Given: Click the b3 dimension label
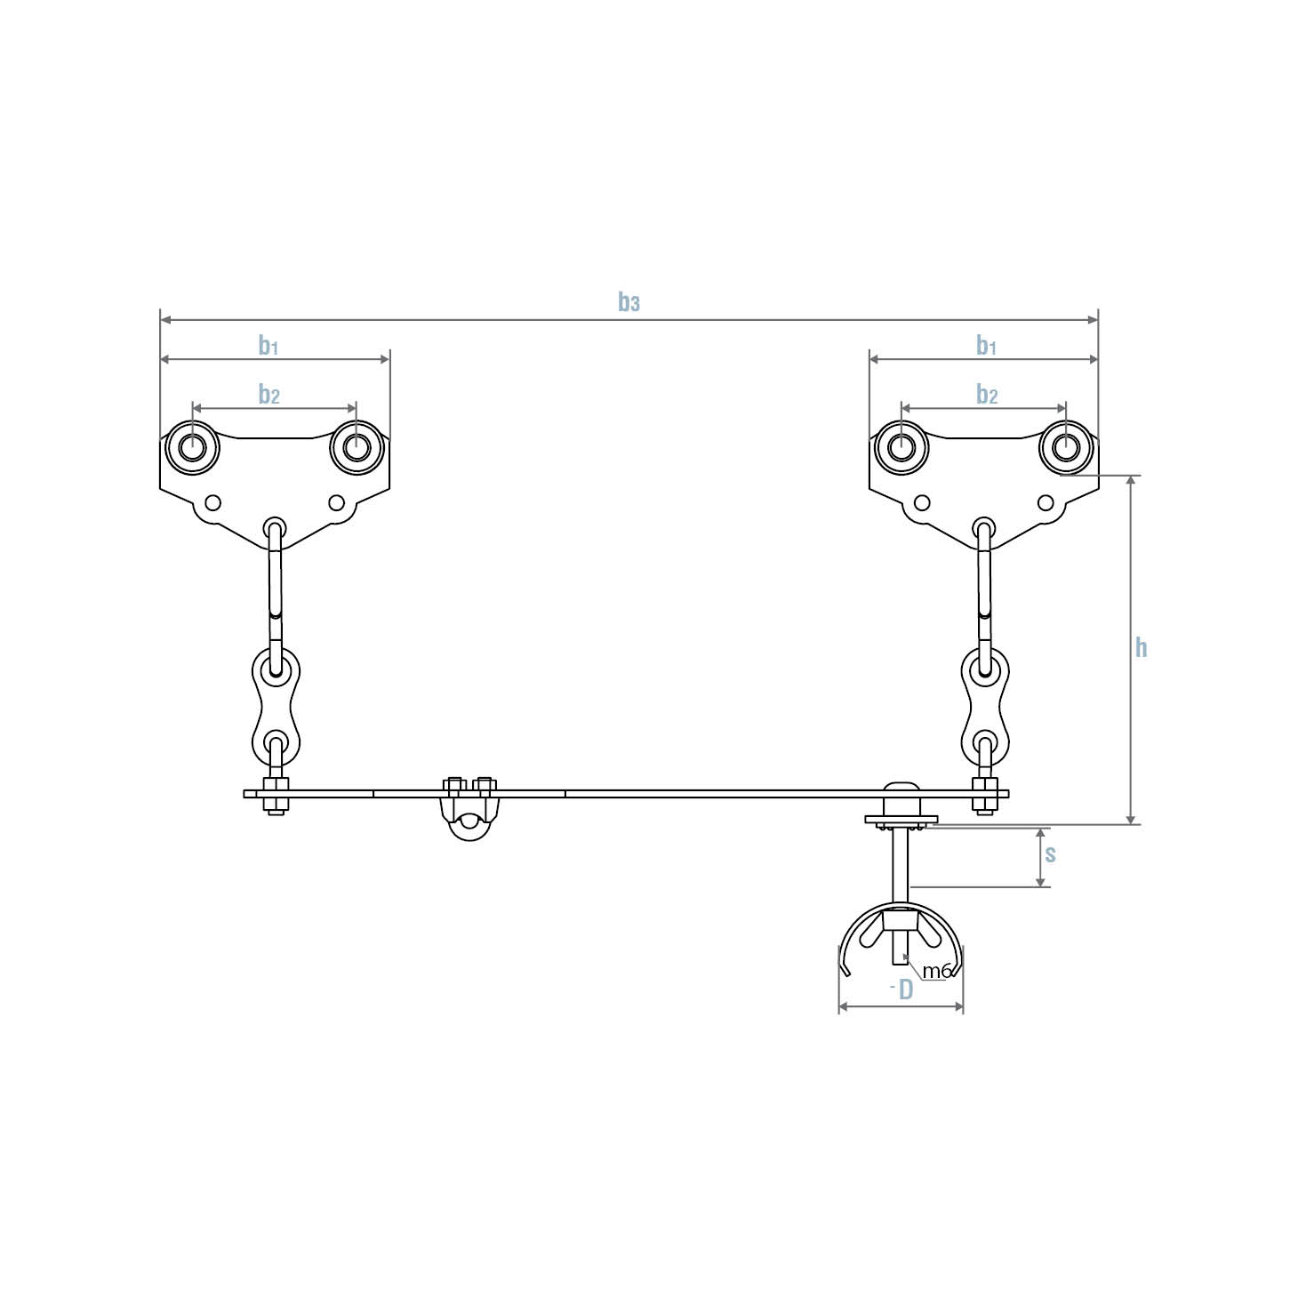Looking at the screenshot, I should click(x=629, y=303).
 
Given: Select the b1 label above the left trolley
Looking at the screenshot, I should click(x=268, y=345).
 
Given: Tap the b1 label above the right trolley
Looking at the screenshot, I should click(x=986, y=345).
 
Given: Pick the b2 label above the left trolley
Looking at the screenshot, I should click(x=268, y=394).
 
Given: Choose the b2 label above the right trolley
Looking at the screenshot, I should click(x=987, y=394).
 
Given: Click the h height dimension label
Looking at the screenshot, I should click(x=1141, y=647).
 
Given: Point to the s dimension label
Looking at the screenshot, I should click(x=1050, y=854).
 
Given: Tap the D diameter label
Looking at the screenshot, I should click(x=905, y=990).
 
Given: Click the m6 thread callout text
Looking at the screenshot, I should click(x=936, y=971).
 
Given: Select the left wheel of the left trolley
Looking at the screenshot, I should click(x=192, y=447).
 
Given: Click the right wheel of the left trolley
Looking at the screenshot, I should click(x=357, y=447).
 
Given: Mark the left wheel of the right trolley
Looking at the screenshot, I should click(x=901, y=447).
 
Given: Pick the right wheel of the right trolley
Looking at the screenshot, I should click(x=1066, y=447).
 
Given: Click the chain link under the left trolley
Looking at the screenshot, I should click(x=276, y=702).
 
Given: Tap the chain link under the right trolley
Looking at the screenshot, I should click(x=984, y=702).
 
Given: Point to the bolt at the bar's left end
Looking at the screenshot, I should click(x=275, y=796).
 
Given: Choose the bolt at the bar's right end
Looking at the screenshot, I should click(x=983, y=796).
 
